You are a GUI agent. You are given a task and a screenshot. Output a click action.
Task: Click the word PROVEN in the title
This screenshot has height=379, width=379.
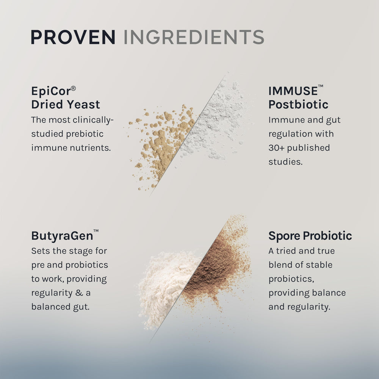pyautogui.click(x=73, y=37)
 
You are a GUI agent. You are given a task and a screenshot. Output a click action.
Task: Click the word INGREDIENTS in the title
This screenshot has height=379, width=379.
pyautogui.click(x=194, y=37)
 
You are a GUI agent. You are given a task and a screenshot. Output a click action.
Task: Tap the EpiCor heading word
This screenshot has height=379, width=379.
pyautogui.click(x=49, y=92)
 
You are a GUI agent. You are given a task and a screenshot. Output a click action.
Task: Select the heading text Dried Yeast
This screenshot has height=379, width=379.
pyautogui.click(x=66, y=104)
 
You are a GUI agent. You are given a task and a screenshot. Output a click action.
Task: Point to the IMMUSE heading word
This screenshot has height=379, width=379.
pyautogui.click(x=293, y=91)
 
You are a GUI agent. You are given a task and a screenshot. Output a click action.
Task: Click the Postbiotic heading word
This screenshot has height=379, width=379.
pyautogui.click(x=298, y=104)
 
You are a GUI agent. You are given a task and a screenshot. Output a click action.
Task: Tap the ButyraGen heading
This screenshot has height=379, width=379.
pyautogui.click(x=62, y=236)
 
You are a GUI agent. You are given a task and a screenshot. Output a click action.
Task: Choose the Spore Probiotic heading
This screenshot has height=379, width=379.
pyautogui.click(x=310, y=236)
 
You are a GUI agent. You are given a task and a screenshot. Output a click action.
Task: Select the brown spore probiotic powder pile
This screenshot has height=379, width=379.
pyautogui.click(x=216, y=265)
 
